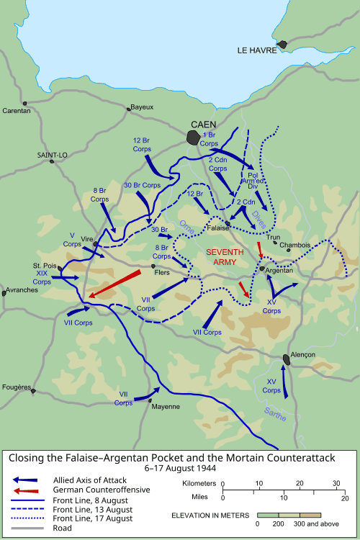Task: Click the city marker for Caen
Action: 194,137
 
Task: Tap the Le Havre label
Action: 257,50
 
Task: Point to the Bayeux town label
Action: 142,107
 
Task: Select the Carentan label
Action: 17,111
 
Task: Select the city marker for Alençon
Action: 287,359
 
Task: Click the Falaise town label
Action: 217,228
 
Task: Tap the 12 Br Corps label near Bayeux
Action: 142,144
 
